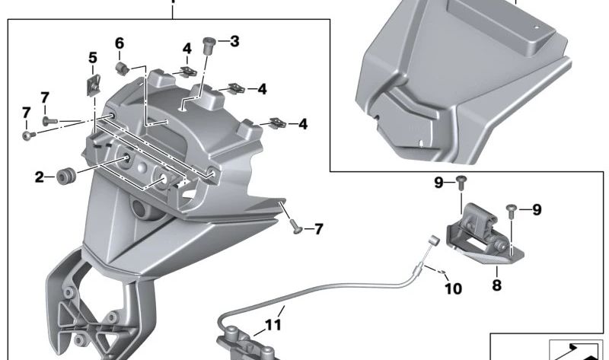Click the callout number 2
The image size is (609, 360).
39,177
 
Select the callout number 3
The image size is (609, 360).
234,41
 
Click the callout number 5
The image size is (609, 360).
93,57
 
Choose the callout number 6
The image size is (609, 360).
120,43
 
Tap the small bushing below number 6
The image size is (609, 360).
121,70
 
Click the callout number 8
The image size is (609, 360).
496,286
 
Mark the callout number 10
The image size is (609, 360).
453,289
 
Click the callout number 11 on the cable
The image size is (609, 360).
273,325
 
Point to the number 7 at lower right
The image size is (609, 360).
318,228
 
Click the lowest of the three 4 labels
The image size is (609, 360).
302,123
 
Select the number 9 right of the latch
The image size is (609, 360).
537,210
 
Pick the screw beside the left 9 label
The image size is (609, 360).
461,181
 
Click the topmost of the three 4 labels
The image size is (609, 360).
187,49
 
